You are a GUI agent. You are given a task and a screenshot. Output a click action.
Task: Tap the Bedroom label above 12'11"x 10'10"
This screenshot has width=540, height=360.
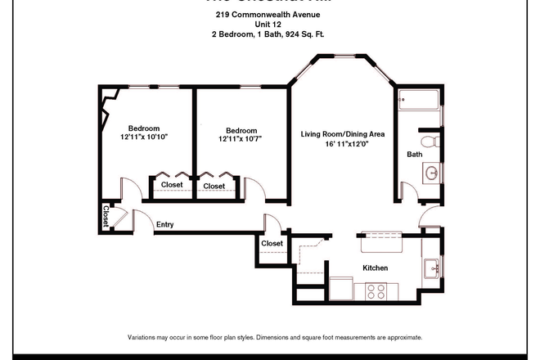tap(143, 128)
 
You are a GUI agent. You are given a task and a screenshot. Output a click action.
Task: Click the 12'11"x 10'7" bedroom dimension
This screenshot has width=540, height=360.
tap(241, 140)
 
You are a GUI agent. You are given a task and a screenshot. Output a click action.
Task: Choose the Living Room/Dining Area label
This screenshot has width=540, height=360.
tap(343, 134)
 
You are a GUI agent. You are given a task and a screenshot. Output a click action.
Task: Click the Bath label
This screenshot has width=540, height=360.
tap(415, 154)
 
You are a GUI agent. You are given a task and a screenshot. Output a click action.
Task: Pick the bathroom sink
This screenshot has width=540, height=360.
tap(432, 173)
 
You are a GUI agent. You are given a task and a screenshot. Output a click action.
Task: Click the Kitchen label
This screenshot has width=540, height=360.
tap(375, 268)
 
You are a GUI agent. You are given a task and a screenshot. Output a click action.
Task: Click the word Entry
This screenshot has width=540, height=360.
tap(164, 225)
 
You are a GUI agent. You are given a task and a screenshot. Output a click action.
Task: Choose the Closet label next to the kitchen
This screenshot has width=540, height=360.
tap(272, 243)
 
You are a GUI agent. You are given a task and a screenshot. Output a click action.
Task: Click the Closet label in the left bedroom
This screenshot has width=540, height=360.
tap(172, 185)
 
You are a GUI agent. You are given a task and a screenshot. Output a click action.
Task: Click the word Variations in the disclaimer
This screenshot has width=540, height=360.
tap(144, 337)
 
